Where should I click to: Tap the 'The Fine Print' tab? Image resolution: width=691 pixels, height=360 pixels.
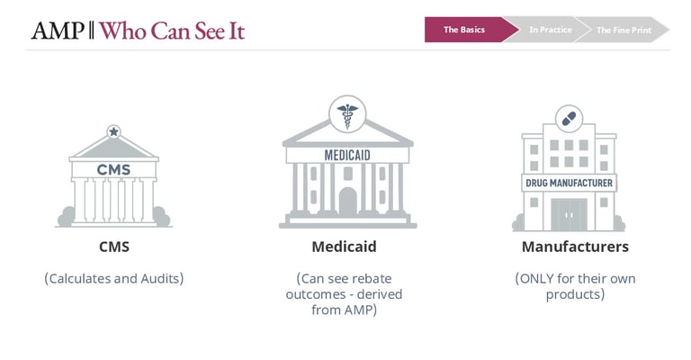point(624,30)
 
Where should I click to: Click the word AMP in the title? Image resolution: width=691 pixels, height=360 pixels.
point(58,31)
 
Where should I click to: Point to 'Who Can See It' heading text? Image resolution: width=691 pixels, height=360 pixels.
point(172,31)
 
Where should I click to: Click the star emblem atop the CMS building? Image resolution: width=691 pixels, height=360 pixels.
point(113,131)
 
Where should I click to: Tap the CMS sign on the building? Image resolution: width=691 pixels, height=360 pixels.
point(113,169)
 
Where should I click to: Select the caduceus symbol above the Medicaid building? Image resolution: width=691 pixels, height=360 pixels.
point(347,113)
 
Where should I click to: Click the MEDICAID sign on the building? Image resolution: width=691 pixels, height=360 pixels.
point(347,155)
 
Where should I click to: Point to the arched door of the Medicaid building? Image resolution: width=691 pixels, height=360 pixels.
point(347,202)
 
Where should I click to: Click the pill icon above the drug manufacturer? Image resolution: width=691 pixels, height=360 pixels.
point(569,119)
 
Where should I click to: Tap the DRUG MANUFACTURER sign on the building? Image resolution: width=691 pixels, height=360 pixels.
point(569,183)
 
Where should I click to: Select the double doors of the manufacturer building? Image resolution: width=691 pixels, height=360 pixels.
point(569,214)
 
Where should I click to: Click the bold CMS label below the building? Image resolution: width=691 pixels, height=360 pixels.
point(114,247)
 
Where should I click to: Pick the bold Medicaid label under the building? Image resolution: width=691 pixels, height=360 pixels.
point(345,247)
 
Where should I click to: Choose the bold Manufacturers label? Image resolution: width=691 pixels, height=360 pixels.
point(575,247)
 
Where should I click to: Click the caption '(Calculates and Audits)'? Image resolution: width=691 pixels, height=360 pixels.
point(113,278)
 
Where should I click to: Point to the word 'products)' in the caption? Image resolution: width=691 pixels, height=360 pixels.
point(575,294)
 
